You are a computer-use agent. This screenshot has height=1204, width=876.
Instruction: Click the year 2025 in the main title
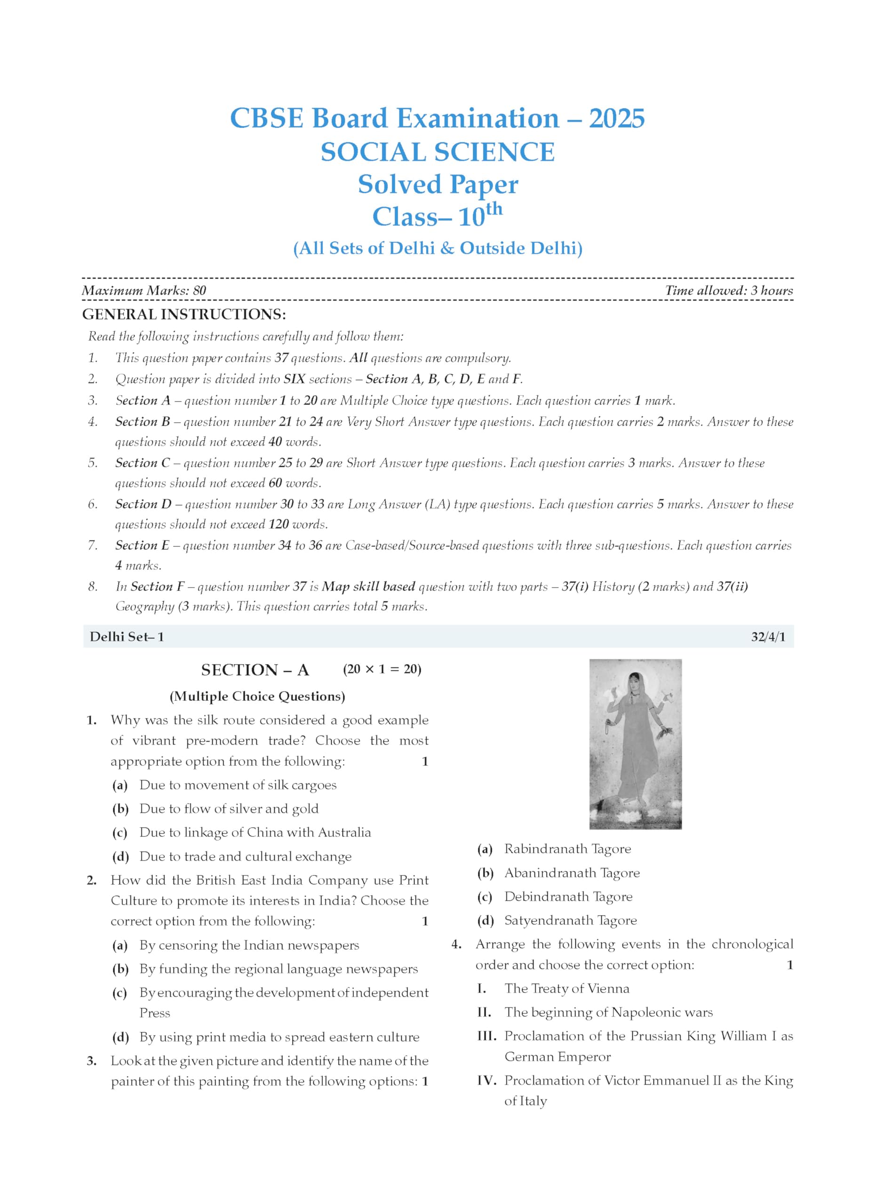[x=616, y=119]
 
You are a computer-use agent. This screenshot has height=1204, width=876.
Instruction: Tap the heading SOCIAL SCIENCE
[x=438, y=152]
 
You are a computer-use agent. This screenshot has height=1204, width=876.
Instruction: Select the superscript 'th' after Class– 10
[x=494, y=209]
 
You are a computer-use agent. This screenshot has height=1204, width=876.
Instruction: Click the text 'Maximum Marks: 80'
[x=144, y=290]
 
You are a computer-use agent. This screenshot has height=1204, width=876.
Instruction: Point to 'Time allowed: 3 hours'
[x=728, y=290]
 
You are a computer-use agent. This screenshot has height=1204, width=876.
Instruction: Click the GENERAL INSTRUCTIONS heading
[x=183, y=314]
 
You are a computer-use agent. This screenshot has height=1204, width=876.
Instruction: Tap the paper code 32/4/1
[x=768, y=636]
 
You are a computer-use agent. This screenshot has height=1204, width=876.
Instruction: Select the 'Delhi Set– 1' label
[x=127, y=636]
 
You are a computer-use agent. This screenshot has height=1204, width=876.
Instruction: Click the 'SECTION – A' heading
[x=255, y=670]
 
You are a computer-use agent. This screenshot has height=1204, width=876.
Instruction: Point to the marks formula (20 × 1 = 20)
[x=382, y=669]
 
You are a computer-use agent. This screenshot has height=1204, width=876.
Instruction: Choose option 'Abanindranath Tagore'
[x=572, y=873]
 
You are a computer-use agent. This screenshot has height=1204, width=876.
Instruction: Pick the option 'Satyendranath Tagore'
[x=570, y=920]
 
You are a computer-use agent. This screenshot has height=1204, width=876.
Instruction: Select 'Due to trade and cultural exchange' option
[x=245, y=856]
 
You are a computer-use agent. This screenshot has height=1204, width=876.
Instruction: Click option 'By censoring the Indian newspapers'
[x=249, y=945]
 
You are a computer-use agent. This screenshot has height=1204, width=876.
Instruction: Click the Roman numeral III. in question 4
[x=486, y=1036]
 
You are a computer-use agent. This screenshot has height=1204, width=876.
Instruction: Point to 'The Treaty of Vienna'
[x=566, y=989]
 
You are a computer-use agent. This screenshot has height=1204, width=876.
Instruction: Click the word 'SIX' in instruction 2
[x=294, y=379]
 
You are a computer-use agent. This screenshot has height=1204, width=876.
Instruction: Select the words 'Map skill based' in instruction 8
[x=368, y=586]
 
